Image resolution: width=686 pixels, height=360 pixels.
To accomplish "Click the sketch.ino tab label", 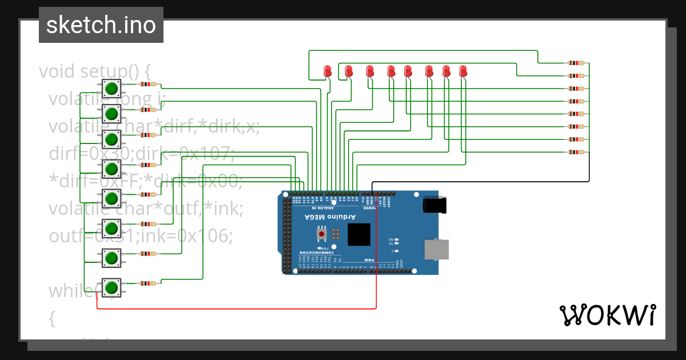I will click(x=101, y=25).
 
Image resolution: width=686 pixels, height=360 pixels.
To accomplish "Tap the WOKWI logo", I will click(x=607, y=315).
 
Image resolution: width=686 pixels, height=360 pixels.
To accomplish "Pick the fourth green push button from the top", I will click(x=111, y=169).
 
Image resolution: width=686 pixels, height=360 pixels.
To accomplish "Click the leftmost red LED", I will click(x=328, y=71).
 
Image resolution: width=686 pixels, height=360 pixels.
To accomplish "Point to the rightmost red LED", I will click(x=463, y=71).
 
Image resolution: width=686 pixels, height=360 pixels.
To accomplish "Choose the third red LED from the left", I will click(x=370, y=71).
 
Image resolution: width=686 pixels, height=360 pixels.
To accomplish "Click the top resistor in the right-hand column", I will click(x=576, y=63).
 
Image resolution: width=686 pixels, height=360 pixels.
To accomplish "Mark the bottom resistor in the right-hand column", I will click(x=576, y=152).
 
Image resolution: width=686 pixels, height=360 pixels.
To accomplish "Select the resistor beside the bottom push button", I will click(x=148, y=283).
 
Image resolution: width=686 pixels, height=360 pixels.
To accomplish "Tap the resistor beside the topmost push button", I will click(x=148, y=84).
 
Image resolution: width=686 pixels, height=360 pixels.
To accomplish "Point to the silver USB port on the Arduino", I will click(x=436, y=249).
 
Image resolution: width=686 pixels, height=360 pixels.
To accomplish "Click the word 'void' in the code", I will click(x=57, y=72).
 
